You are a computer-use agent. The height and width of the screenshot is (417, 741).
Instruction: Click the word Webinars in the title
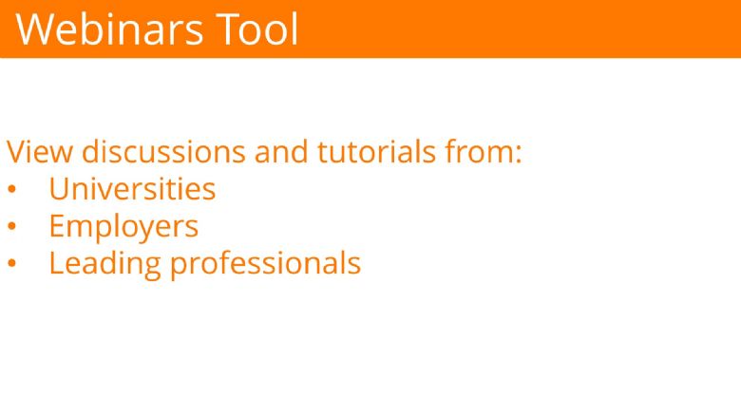109,29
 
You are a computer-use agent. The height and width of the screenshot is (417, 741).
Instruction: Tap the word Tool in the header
257,28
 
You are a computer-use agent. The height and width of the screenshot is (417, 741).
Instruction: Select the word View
40,152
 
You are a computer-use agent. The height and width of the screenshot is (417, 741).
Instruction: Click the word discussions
163,151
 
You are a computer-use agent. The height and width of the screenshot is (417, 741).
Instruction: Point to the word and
281,151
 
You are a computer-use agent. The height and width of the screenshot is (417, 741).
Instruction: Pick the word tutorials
376,151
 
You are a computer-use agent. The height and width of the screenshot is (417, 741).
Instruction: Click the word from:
483,151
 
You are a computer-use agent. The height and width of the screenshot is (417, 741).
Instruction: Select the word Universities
132,188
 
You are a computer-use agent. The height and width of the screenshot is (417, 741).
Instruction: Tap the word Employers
123,228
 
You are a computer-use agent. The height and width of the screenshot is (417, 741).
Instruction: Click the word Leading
104,264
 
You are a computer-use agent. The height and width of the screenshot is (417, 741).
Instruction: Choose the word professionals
266,264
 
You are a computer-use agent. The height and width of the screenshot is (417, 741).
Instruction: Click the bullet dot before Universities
11,189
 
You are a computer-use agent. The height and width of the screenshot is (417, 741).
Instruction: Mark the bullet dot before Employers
11,226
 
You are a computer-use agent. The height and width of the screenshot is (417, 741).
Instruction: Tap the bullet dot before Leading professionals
11,263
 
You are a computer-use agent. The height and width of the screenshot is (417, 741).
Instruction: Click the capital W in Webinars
35,29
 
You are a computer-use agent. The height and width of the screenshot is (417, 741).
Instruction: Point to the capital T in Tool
228,29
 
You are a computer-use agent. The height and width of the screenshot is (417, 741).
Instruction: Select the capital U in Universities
59,189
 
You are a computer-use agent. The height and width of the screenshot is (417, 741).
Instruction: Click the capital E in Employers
57,226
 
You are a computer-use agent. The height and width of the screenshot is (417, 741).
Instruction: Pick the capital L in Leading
57,262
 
